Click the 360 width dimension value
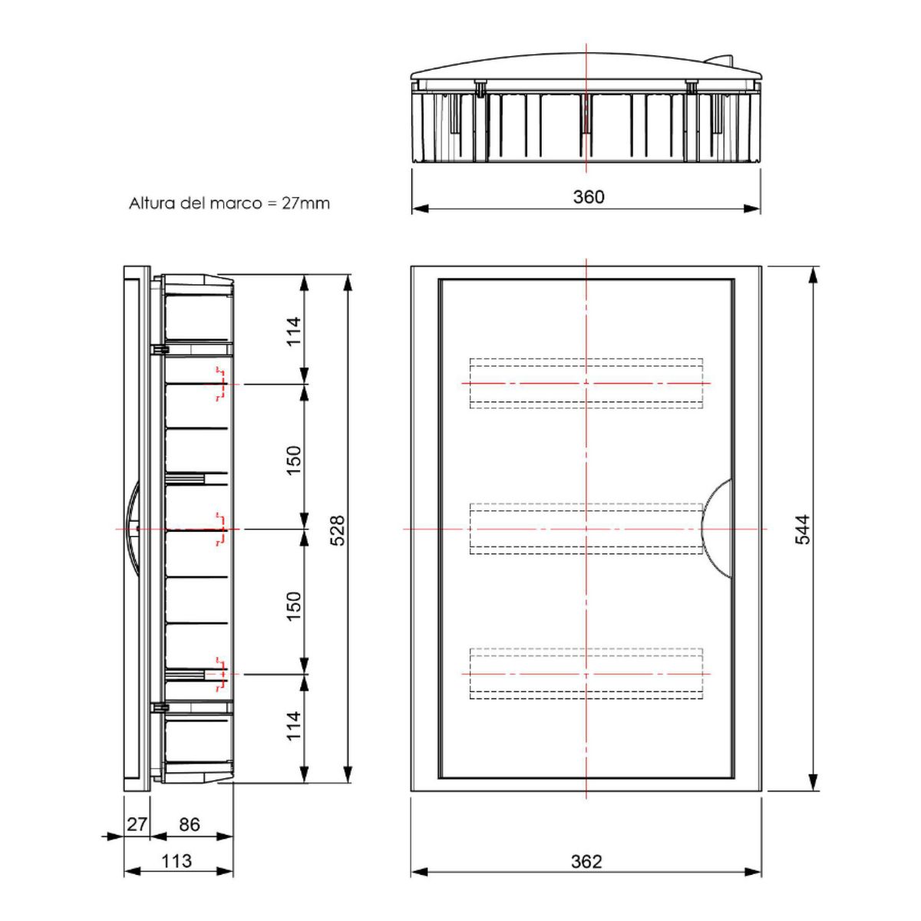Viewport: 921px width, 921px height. pos(589,197)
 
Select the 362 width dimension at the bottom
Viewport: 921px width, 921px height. pos(586,861)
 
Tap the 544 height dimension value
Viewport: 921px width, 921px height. pos(801,530)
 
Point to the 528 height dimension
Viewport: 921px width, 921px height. pos(337,530)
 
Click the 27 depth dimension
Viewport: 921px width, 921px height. pos(137,824)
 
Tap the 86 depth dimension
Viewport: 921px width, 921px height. pos(189,824)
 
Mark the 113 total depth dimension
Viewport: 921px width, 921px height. pos(177,861)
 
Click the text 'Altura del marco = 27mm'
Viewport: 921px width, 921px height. pos(229,203)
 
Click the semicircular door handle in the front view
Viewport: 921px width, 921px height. pos(718,528)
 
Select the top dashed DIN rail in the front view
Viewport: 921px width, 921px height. pos(586,383)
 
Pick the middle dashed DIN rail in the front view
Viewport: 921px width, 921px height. pos(586,528)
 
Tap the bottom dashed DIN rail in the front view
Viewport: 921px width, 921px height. pos(586,674)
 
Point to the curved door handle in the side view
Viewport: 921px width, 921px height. pos(131,530)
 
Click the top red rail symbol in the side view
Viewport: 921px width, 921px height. pos(221,384)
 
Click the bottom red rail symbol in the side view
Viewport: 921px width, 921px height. pos(221,673)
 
